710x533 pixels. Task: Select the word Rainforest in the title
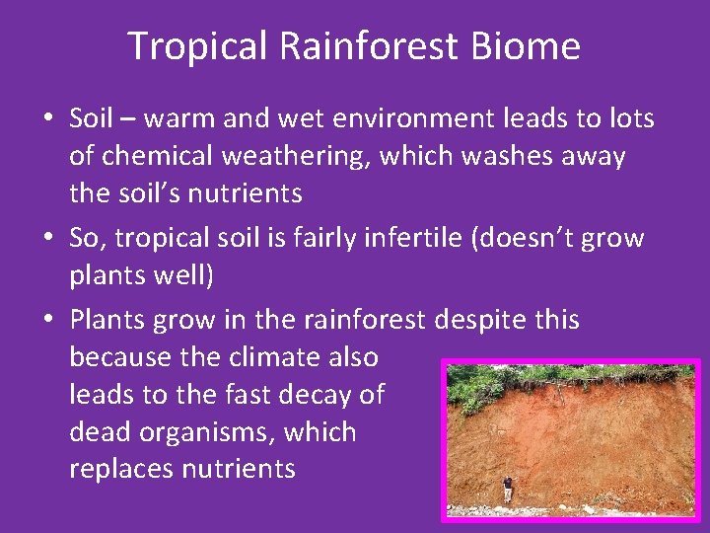(367, 46)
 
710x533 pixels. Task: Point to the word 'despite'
(476, 320)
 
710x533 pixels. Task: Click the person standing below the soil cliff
(508, 488)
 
